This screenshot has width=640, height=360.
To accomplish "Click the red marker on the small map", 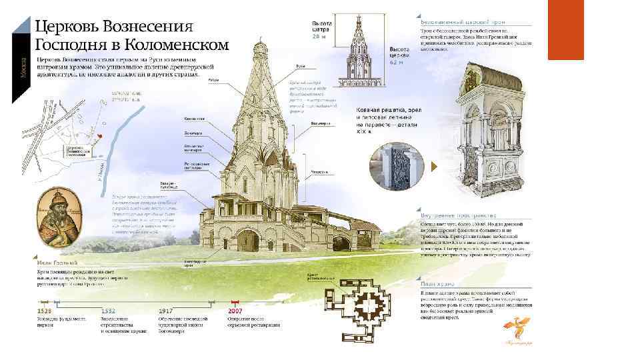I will coord(98,137).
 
